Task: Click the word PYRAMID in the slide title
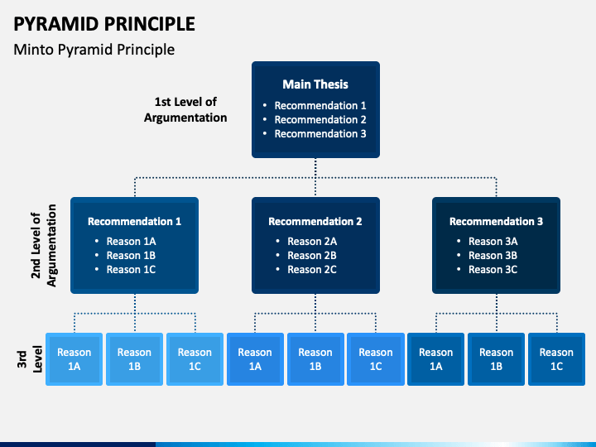pos(56,24)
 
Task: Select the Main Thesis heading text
pos(315,84)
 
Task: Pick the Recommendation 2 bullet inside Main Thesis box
pos(320,119)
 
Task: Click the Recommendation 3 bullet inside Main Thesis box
pos(320,133)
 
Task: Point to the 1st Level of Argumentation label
pos(185,109)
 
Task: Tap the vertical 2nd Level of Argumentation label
pos(43,245)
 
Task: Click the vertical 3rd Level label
pos(29,358)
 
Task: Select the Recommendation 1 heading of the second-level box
pos(135,221)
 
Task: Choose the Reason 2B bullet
pos(312,256)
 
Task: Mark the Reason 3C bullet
pos(493,270)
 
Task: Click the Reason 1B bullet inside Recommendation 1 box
pos(131,256)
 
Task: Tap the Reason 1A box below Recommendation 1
pos(74,359)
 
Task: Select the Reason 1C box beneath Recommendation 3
pos(556,359)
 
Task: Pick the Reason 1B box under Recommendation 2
pos(315,359)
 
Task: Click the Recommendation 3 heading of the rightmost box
pos(497,221)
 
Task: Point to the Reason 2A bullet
pos(312,242)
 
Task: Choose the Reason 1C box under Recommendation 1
pos(195,359)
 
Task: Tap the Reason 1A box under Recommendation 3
pos(436,359)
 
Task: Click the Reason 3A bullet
pos(493,242)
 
